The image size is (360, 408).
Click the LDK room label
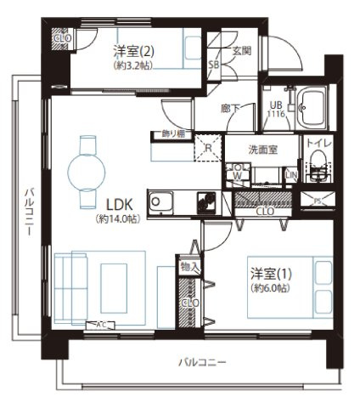point(117,205)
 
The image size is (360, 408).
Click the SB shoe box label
point(214,64)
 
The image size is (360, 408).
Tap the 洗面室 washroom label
point(261,148)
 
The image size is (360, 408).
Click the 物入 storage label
point(190,267)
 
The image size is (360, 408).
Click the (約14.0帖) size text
point(117,218)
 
